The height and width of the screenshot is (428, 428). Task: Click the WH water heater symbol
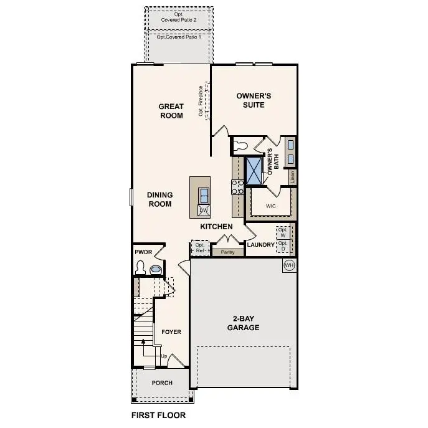288,265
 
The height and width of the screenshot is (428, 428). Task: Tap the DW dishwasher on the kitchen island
203,211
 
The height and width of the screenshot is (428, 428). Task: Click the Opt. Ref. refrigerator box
200,248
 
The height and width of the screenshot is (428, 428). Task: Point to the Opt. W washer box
283,232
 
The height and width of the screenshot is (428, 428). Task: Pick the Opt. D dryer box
283,245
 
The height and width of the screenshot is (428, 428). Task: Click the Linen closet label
292,177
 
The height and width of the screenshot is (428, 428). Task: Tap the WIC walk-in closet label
270,205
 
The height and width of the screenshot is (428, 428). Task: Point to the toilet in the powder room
141,269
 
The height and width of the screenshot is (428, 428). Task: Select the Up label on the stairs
163,356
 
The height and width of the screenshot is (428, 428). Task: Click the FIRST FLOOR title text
158,414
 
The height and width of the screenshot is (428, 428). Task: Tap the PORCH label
162,383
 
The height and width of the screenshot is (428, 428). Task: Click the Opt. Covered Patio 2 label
178,17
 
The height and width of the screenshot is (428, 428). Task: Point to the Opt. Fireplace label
201,100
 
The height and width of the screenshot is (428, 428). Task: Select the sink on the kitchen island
204,196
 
